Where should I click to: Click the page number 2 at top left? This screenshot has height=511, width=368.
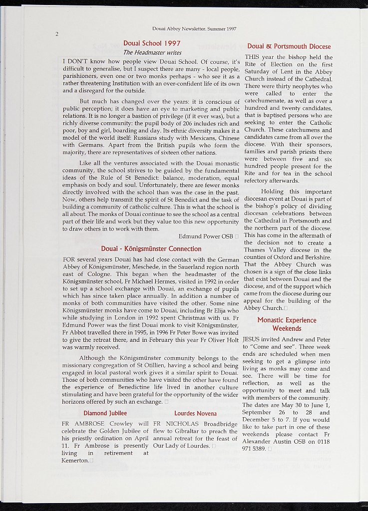[57, 34]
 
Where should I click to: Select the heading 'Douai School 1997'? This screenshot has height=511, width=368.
[152, 43]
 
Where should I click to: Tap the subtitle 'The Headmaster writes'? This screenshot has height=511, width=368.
[152, 52]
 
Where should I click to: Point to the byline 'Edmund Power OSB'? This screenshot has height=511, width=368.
[206, 236]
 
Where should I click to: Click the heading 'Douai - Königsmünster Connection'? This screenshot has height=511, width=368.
[151, 249]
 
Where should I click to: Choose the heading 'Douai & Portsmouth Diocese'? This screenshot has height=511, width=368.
[289, 46]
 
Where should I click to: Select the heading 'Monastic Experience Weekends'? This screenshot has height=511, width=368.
[287, 324]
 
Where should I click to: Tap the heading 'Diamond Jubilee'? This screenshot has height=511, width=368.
[105, 413]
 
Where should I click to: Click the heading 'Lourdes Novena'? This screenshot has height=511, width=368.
[195, 414]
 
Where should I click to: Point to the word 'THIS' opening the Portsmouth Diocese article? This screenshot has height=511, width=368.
[252, 57]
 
